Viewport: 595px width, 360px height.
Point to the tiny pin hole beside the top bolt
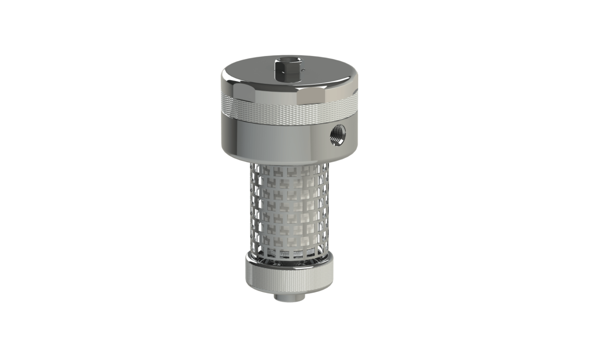point(303,70)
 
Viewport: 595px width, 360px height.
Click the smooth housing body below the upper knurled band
point(271,137)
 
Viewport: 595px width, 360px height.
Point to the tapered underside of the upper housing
point(279,159)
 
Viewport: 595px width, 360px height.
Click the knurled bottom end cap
point(289,279)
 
